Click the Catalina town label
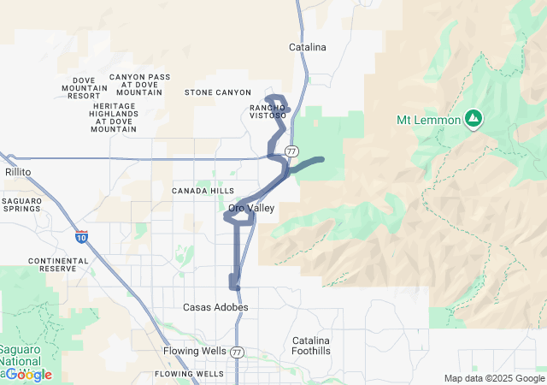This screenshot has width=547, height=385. [308, 48]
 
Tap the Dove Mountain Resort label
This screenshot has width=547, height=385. [84, 88]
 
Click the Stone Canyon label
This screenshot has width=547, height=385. [218, 92]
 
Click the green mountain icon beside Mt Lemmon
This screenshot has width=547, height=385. [472, 119]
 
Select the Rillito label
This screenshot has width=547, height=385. [17, 172]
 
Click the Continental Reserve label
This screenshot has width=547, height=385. [58, 264]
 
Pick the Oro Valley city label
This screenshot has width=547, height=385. [250, 208]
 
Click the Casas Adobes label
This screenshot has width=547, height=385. [215, 307]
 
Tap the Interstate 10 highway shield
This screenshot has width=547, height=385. [81, 235]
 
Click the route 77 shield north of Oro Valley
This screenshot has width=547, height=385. [291, 151]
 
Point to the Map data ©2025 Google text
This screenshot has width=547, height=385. [493, 378]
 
